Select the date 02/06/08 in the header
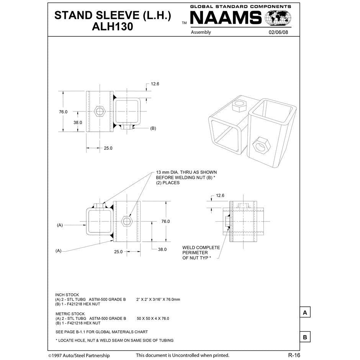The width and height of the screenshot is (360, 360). point(279,32)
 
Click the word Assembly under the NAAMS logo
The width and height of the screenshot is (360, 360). point(201,32)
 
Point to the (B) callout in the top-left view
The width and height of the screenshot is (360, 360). point(153,128)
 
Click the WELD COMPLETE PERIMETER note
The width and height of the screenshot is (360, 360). point(201,253)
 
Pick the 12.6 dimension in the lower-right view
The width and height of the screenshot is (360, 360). point(220,195)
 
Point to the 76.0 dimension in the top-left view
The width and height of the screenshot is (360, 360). point(63,112)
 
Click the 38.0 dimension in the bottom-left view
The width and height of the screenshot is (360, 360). point(162,249)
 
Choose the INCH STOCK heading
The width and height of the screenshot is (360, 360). point(67,295)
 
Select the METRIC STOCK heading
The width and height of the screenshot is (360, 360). point(70,314)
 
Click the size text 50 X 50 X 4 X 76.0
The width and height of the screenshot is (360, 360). point(153,318)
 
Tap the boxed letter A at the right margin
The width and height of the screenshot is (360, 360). point(304,313)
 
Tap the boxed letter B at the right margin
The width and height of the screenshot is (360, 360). point(304,337)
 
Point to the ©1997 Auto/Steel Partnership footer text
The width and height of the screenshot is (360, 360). point(79,355)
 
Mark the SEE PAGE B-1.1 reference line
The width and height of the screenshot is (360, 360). point(101,332)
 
